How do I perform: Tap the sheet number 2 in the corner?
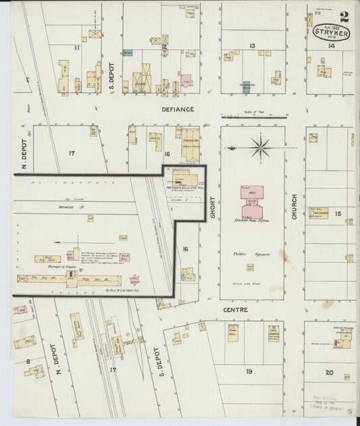click(x=344, y=16)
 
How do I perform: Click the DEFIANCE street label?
click(x=178, y=109)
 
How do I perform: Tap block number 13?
click(x=252, y=46)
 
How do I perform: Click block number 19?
click(x=249, y=371)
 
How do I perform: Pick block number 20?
click(x=329, y=372)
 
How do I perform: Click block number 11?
click(x=77, y=47)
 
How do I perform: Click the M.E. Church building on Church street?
click(x=318, y=212)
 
